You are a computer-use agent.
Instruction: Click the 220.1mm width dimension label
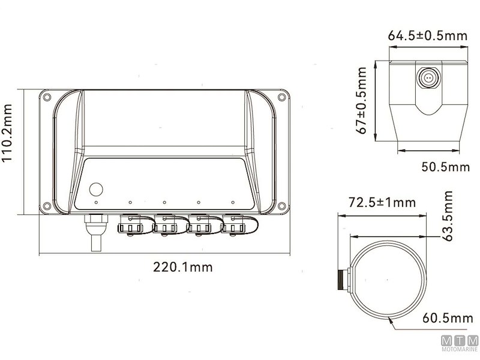(x=183, y=267)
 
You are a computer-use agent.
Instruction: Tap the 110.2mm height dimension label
(x=7, y=133)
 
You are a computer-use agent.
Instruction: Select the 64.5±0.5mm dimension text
(x=428, y=36)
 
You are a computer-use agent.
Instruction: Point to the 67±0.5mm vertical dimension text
(x=361, y=101)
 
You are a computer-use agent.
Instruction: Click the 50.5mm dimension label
(x=445, y=167)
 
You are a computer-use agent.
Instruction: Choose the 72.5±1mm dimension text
(x=382, y=202)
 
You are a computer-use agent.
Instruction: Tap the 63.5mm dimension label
(x=448, y=216)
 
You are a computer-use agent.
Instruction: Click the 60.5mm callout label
(x=448, y=318)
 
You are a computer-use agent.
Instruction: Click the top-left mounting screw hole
(x=47, y=97)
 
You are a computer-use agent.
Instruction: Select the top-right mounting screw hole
(x=281, y=97)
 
